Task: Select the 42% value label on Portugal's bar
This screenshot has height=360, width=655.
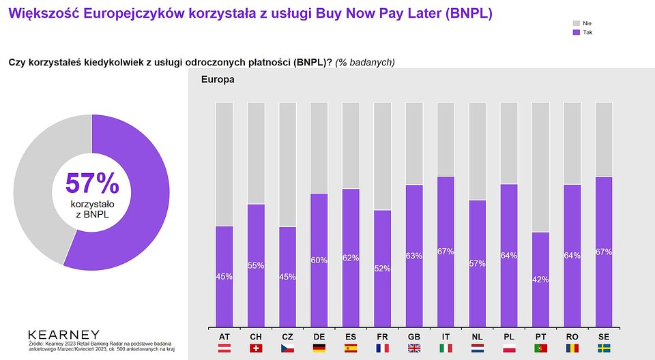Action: (540, 278)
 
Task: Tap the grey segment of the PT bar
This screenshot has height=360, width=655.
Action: (540, 167)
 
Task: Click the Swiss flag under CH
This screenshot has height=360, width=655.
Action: (256, 348)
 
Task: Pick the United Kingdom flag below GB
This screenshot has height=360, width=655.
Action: (414, 348)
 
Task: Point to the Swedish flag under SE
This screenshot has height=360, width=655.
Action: (604, 348)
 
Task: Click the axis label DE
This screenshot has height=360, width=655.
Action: (319, 337)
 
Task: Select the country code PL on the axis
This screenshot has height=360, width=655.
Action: (509, 337)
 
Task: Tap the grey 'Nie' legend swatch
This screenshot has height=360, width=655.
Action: (575, 23)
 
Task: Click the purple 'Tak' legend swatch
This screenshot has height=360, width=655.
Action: (575, 32)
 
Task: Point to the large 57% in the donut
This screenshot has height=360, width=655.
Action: (92, 183)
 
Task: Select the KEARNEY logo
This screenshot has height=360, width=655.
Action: (63, 335)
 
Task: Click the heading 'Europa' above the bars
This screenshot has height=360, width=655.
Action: (218, 80)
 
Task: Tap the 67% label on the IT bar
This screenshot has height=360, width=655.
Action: (446, 252)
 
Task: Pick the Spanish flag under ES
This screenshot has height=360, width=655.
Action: (351, 348)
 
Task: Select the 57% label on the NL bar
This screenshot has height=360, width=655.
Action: (478, 263)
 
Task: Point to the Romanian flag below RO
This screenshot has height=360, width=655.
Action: (572, 348)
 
